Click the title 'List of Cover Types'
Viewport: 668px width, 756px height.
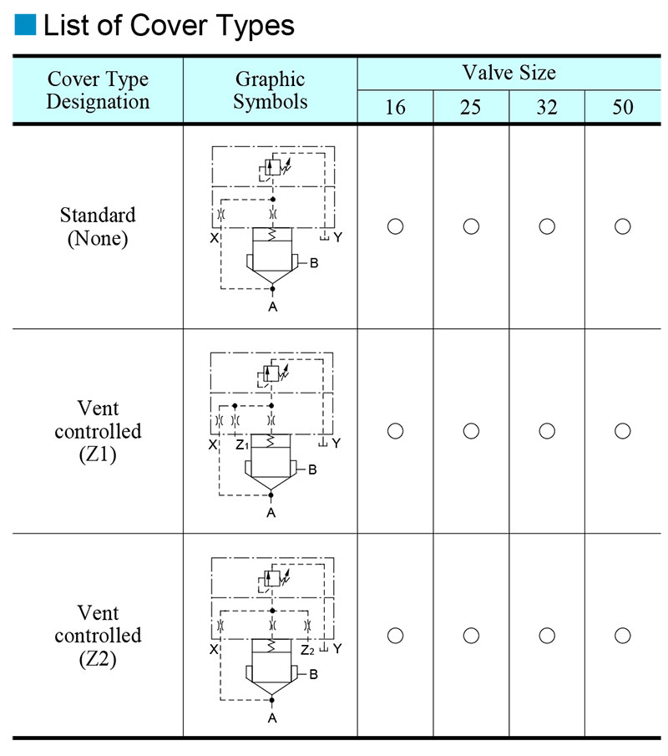tap(169, 25)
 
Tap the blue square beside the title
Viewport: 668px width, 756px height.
tap(25, 25)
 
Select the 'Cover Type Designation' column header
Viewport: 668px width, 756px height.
tap(98, 90)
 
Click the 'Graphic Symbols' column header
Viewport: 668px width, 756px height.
tap(270, 90)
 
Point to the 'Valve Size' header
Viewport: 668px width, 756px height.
tap(509, 73)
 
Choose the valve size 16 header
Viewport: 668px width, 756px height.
tap(395, 108)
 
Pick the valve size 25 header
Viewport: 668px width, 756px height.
tap(471, 108)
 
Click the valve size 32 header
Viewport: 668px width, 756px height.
tap(547, 108)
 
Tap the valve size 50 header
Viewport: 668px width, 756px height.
tap(622, 108)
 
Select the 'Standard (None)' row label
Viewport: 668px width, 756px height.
tap(98, 226)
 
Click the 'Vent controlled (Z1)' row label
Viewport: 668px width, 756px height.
tap(98, 431)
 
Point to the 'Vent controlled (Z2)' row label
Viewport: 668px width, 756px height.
tap(98, 635)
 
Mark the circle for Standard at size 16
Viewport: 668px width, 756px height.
tap(395, 226)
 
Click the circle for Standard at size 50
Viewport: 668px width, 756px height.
tap(622, 226)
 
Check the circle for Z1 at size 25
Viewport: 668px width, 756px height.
tap(471, 431)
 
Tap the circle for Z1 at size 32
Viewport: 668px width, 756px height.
tap(547, 431)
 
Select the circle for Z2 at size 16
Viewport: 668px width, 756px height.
tap(395, 636)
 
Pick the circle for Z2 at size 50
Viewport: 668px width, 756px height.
tap(622, 636)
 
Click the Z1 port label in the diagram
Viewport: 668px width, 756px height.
tap(242, 445)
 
